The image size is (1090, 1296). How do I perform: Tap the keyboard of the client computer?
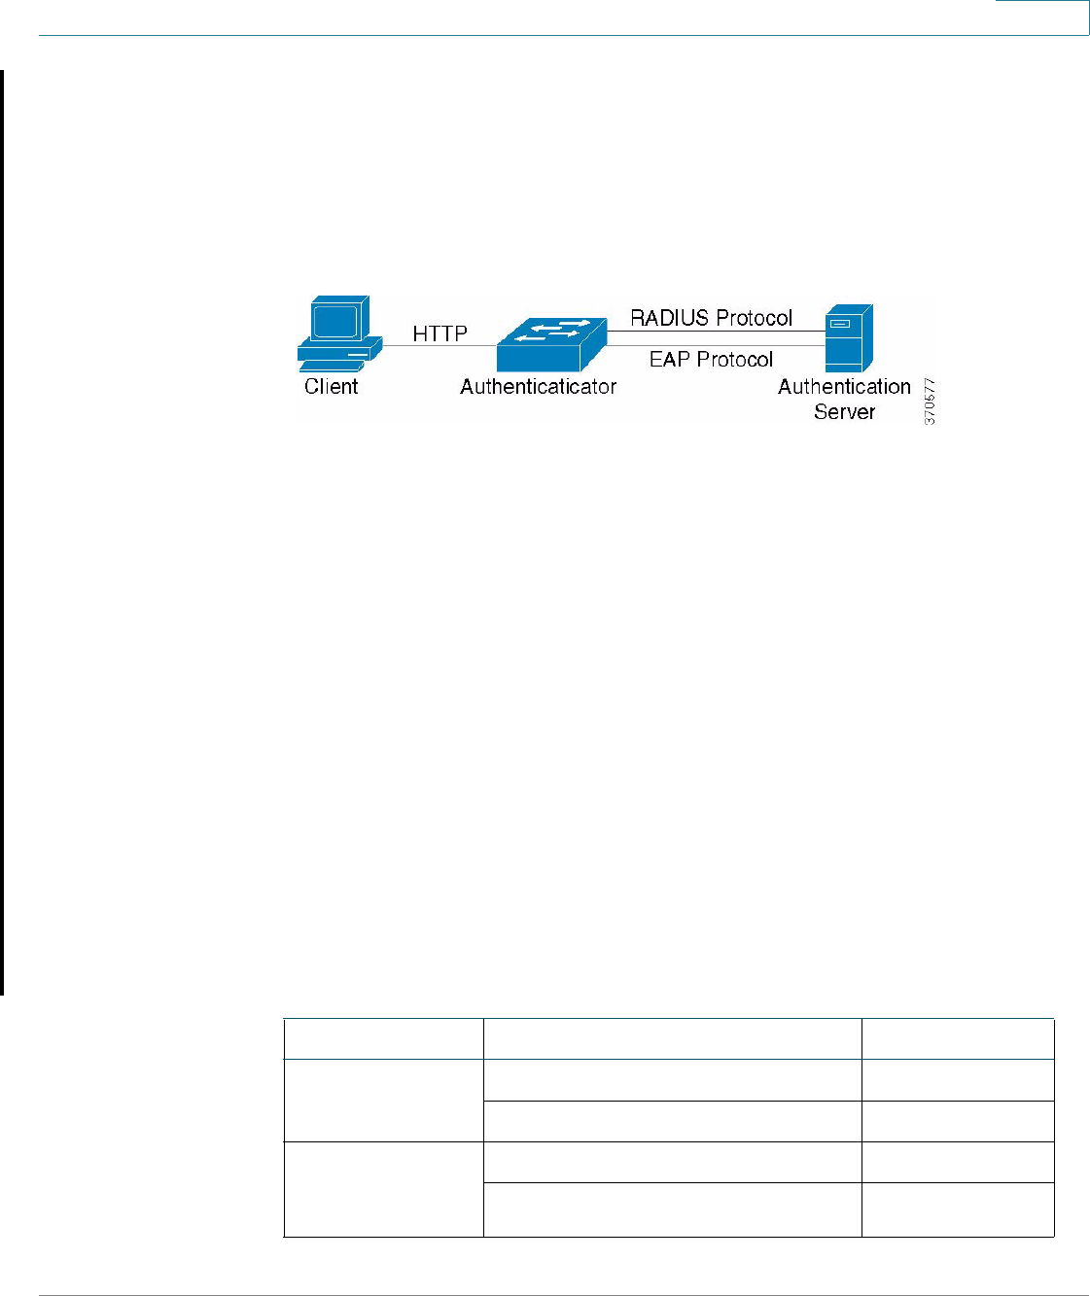click(332, 366)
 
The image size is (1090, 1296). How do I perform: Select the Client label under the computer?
click(331, 387)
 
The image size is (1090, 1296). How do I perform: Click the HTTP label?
click(440, 333)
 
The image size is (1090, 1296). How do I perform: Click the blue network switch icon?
click(549, 344)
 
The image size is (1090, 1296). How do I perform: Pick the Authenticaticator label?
click(538, 387)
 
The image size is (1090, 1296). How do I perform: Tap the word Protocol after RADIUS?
click(755, 318)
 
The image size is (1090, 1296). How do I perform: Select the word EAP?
click(669, 360)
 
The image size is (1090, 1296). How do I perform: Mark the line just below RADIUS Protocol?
click(715, 332)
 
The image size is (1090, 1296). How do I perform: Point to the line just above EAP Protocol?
click(715, 345)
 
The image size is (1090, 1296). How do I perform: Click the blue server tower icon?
click(848, 338)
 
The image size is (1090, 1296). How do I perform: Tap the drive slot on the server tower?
click(839, 324)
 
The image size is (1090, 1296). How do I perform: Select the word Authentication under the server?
click(844, 387)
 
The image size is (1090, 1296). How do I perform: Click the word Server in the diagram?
click(844, 411)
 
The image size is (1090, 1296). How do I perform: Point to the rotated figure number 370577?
click(930, 401)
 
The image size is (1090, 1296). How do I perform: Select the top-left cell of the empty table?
click(383, 1038)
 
